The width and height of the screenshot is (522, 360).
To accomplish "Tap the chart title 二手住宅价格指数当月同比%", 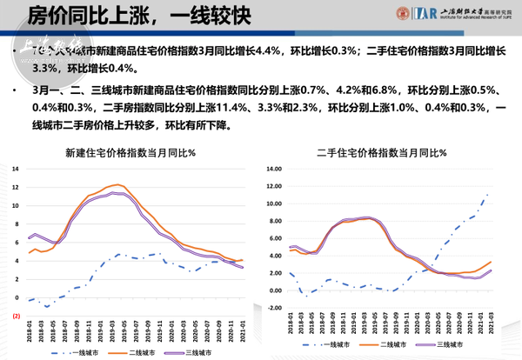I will [x=382, y=153].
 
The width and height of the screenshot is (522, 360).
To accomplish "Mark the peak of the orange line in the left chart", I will [x=117, y=185].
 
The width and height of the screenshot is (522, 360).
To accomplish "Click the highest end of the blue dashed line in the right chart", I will [x=487, y=195].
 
